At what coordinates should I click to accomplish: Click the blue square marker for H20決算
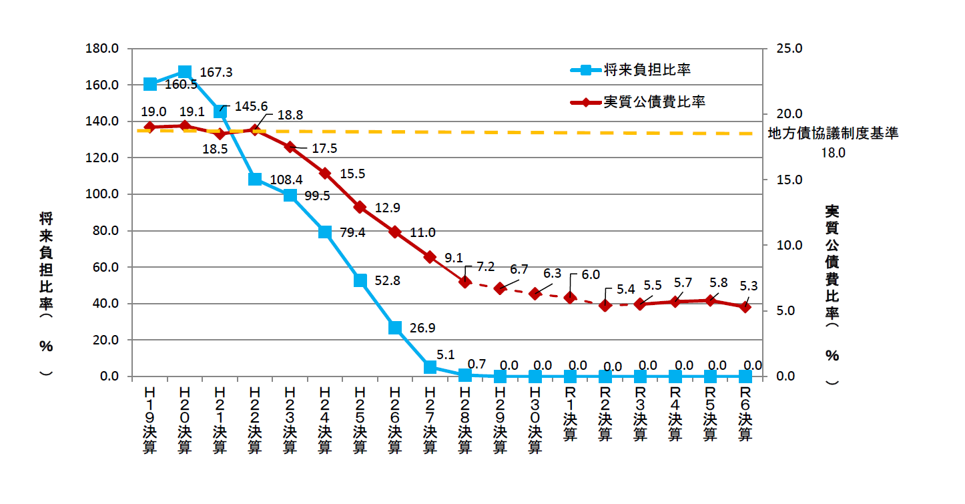pyautogui.click(x=185, y=72)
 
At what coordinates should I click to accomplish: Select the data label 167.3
pyautogui.click(x=216, y=72)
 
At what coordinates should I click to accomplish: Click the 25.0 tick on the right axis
pyautogui.click(x=788, y=49)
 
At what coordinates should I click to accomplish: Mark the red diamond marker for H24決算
pyautogui.click(x=325, y=173)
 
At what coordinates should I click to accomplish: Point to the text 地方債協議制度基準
pyautogui.click(x=834, y=133)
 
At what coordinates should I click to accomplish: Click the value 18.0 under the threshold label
pyautogui.click(x=834, y=152)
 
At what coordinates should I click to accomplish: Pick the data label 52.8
pyautogui.click(x=387, y=281)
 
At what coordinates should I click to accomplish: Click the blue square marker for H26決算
pyautogui.click(x=395, y=327)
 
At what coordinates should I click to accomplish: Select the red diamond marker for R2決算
pyautogui.click(x=605, y=305)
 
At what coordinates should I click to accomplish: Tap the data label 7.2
pyautogui.click(x=485, y=266)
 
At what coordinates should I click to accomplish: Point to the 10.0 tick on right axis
pyautogui.click(x=788, y=245)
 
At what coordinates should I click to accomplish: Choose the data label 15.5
pyautogui.click(x=352, y=174)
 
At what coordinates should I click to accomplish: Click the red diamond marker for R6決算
pyautogui.click(x=745, y=306)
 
